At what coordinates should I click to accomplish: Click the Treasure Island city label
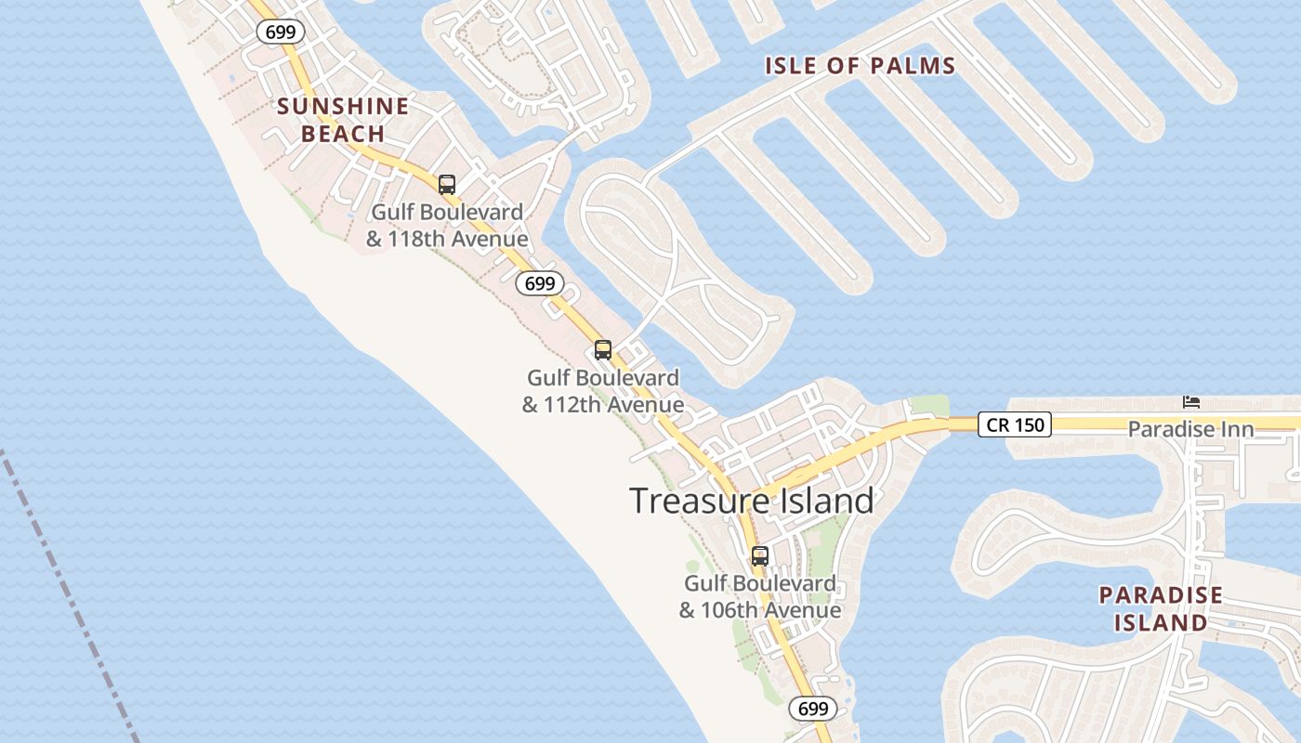(x=752, y=501)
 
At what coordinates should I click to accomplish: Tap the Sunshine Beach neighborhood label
(x=343, y=120)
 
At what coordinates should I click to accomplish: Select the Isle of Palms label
(x=860, y=66)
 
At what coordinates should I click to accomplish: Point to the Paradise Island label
(x=1161, y=608)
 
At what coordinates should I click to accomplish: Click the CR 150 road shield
(x=1014, y=425)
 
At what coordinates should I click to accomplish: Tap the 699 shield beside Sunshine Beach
(x=280, y=32)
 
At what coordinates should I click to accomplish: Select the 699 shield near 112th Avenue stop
(x=540, y=283)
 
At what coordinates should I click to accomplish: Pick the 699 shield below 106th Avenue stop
(x=813, y=709)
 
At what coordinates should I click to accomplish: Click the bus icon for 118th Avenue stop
(x=447, y=184)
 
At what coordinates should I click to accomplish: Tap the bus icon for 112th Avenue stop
(x=603, y=350)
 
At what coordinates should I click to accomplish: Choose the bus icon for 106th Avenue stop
(x=760, y=556)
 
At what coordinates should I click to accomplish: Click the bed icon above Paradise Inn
(x=1190, y=402)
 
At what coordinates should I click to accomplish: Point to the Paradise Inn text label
(x=1190, y=429)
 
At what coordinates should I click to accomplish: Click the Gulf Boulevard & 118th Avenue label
(x=447, y=226)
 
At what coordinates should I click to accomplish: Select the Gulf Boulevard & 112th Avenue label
(x=603, y=391)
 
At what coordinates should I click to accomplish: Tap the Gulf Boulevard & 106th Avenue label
(x=760, y=597)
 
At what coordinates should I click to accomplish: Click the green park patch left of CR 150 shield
(x=929, y=406)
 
